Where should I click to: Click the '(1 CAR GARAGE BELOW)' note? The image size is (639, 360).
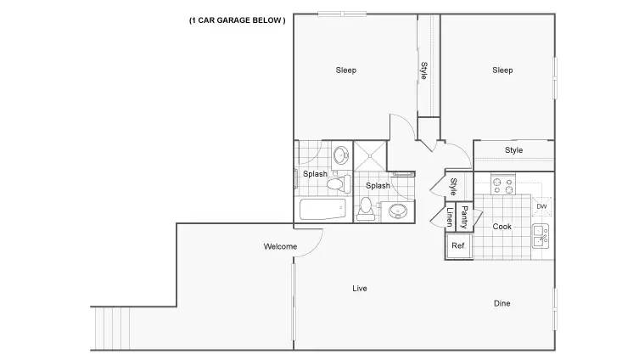point(237,20)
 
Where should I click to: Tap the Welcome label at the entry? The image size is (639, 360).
point(280,246)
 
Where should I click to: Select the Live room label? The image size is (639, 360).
point(360,288)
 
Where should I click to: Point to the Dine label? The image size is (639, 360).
point(502,303)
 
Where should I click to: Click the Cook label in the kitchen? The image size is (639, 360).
point(502,227)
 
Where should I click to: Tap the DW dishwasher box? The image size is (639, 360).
point(541,206)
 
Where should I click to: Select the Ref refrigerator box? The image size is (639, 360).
point(459,246)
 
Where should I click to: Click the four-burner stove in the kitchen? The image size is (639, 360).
point(503,184)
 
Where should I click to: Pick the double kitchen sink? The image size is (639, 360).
point(541,236)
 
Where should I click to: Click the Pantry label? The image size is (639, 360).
point(464,217)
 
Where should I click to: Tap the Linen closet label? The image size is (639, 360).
point(450,217)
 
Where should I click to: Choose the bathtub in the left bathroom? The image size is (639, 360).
point(322,209)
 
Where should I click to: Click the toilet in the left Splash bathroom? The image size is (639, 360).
point(338,184)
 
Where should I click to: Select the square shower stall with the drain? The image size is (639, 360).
point(370,155)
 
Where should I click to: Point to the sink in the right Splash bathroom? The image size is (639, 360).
point(397,211)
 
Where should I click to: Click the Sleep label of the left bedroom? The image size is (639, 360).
point(346,70)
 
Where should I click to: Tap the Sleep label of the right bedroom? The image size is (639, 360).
point(502,70)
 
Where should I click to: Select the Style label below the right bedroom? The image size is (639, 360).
point(513,150)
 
